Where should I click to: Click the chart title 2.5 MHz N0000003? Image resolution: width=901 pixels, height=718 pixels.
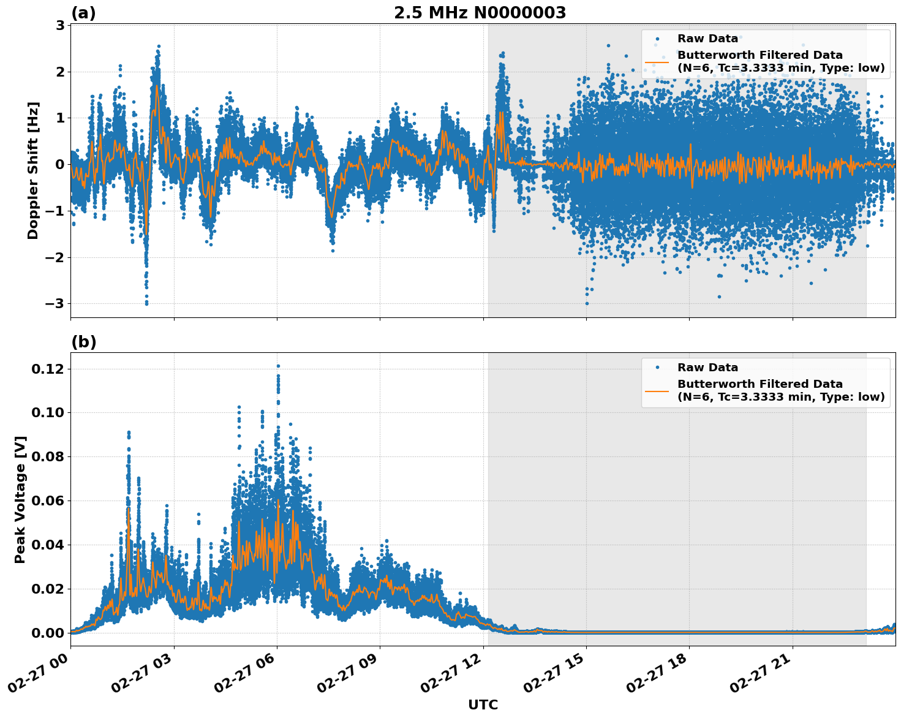tap(480, 13)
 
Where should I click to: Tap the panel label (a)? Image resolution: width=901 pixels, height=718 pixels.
tap(83, 13)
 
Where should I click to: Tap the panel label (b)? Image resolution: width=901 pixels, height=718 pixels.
tap(83, 342)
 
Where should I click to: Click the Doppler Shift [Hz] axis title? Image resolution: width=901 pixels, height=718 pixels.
tap(33, 170)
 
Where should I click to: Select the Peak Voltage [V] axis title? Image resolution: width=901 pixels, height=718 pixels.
tap(20, 499)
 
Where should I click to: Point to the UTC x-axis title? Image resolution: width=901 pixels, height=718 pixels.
tap(483, 705)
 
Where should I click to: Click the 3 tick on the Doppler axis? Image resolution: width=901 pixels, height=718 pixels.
tap(61, 25)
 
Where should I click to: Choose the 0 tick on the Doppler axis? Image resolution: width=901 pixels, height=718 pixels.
tap(61, 164)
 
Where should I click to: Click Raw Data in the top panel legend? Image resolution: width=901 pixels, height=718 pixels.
tap(707, 39)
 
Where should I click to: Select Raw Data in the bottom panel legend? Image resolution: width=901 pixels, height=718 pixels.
tap(707, 368)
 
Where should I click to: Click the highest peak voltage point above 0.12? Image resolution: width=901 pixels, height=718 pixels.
tap(278, 366)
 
